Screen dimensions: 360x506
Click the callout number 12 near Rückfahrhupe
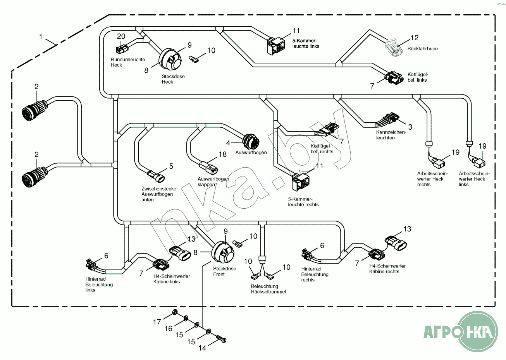[x=415, y=38]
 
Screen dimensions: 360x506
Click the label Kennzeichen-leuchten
[x=391, y=135]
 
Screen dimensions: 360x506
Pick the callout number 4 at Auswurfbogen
[x=228, y=143]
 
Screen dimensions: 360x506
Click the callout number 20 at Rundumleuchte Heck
[x=121, y=36]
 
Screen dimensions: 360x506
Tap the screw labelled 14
[x=221, y=339]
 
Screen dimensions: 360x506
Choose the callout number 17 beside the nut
[x=157, y=322]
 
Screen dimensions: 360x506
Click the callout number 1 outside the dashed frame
[x=41, y=37]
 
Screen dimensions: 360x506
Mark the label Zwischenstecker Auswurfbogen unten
[x=160, y=194]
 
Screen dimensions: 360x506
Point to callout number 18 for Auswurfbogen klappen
[x=223, y=154]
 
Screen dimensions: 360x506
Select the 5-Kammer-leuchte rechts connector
[x=301, y=181]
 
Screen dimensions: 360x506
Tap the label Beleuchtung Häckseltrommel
[x=268, y=289]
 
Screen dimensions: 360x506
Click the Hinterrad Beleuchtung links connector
[x=92, y=265]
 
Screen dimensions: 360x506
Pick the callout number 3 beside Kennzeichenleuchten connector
[x=410, y=127]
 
